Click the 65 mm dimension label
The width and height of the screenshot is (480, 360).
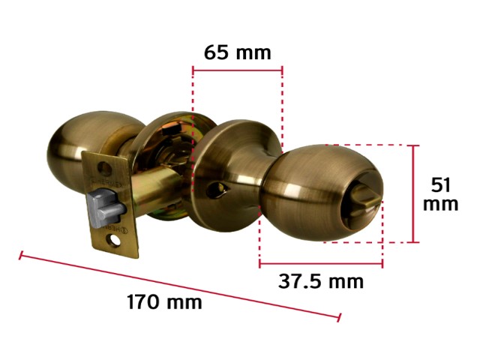[238, 52]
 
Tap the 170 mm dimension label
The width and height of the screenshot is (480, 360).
[164, 301]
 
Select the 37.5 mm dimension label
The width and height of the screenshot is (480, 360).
[321, 281]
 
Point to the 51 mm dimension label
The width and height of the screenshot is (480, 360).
[440, 194]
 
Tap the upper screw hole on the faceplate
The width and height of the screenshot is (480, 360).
[105, 167]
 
